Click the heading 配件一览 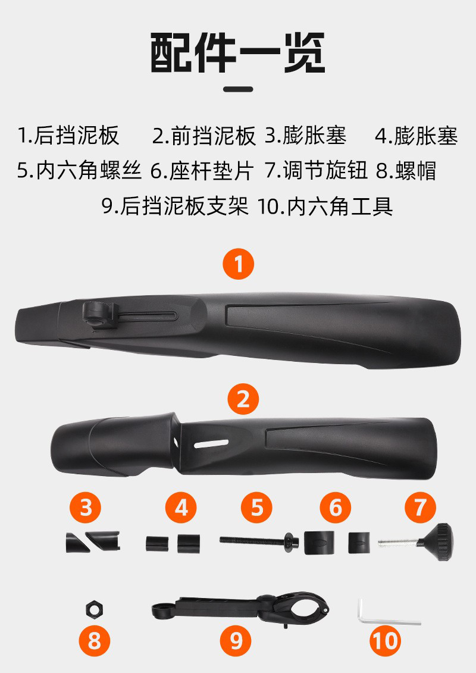point(238,53)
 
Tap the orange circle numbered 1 point(238,264)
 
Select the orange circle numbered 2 point(243,399)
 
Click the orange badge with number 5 point(256,508)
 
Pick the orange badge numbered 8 point(95,641)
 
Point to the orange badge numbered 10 point(386,641)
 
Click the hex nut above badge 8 point(95,608)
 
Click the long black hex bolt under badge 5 point(259,540)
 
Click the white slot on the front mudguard point(211,443)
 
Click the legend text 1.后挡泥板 point(68,135)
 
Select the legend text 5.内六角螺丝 point(79,170)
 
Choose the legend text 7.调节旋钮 point(317,170)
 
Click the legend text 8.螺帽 point(406,170)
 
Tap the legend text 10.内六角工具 point(325,206)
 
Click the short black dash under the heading point(238,89)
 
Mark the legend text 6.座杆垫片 point(202,170)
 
